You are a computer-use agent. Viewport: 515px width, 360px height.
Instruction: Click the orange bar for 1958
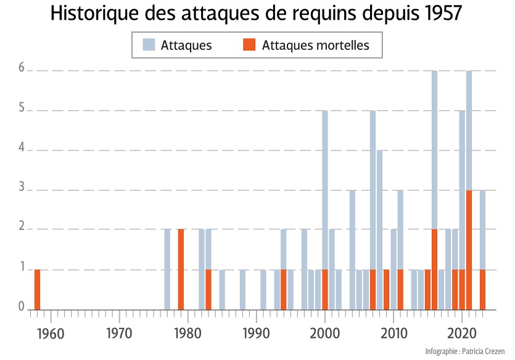[x=37, y=289]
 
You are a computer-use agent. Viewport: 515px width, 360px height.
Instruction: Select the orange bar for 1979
[x=181, y=269]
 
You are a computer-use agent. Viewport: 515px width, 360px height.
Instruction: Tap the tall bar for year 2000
[x=325, y=210]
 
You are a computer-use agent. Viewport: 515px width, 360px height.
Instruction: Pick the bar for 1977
[x=167, y=269]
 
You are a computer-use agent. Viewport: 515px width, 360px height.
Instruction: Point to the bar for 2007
[x=373, y=210]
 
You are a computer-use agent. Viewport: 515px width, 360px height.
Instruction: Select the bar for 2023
[x=482, y=250]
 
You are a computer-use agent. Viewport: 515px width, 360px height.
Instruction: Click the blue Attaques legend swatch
[x=149, y=45]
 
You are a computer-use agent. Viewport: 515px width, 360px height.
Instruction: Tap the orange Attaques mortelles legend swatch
[x=249, y=45]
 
